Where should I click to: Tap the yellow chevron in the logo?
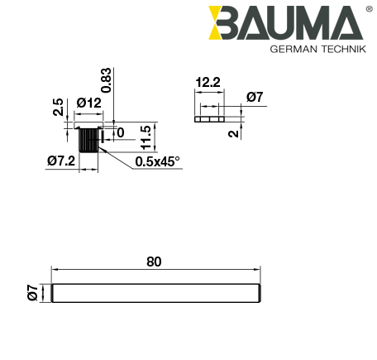pyautogui.click(x=221, y=23)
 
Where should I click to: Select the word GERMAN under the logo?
pyautogui.click(x=293, y=49)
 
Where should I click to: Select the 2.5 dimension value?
pyautogui.click(x=57, y=108)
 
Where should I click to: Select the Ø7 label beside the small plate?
pyautogui.click(x=255, y=97)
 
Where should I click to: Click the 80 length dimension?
pyautogui.click(x=154, y=262)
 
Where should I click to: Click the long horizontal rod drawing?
pyautogui.click(x=156, y=293)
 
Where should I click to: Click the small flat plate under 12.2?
pyautogui.click(x=209, y=118)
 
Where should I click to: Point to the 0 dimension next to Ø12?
pyautogui.click(x=120, y=132)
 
